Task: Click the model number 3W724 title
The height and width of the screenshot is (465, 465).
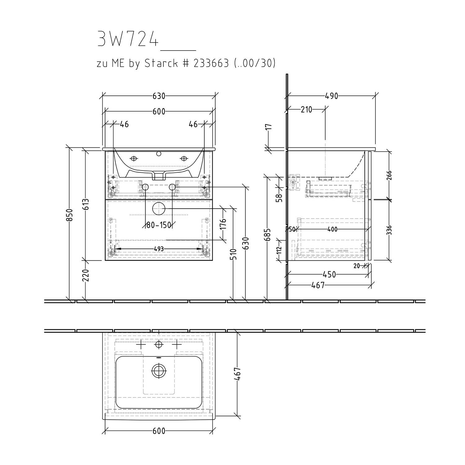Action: click(x=128, y=39)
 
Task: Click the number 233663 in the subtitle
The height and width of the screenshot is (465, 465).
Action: click(x=211, y=63)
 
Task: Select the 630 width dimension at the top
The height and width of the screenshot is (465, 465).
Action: click(x=159, y=96)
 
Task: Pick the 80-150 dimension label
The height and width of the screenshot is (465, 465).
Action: click(x=159, y=225)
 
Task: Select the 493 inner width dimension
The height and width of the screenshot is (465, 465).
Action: click(x=158, y=249)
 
